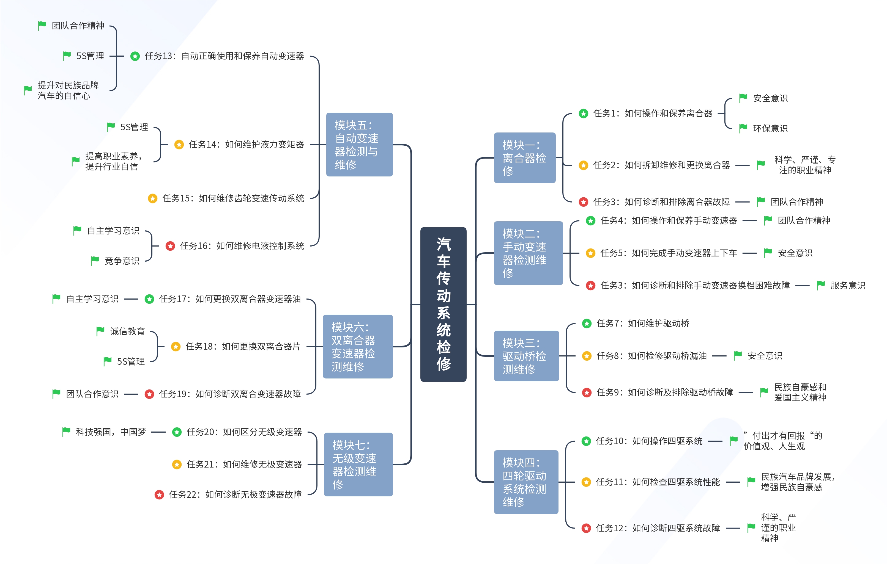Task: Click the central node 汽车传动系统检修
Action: pos(443,304)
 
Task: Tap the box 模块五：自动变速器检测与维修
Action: pos(359,144)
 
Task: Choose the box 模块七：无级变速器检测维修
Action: pos(358,464)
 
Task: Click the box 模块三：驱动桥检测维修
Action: pos(526,355)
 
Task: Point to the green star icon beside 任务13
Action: pos(135,56)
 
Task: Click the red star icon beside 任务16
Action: pos(170,246)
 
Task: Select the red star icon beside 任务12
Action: pos(586,528)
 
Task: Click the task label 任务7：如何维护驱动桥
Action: pos(642,324)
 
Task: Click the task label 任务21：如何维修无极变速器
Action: pos(244,464)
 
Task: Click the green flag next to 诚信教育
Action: pos(100,331)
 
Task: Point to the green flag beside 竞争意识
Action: pos(95,261)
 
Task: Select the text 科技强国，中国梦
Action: pos(111,432)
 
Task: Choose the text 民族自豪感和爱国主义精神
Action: pos(800,392)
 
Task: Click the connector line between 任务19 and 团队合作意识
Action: pos(131,394)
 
